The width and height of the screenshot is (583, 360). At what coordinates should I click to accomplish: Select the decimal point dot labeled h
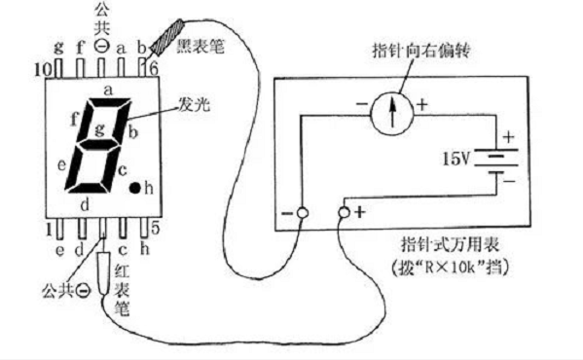[x=137, y=186]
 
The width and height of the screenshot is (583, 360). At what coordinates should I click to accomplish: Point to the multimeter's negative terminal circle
[x=302, y=212]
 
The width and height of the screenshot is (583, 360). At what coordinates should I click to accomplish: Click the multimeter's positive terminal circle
[x=344, y=210]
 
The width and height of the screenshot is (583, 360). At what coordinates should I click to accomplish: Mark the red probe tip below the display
[x=104, y=264]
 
